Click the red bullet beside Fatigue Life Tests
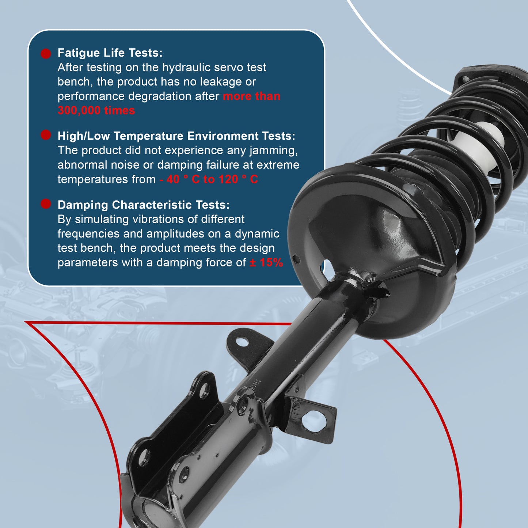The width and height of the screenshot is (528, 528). click(46, 54)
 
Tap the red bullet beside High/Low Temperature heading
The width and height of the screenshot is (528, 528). click(46, 135)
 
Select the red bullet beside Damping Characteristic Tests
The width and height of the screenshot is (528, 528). click(46, 204)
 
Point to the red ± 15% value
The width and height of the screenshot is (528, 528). click(266, 262)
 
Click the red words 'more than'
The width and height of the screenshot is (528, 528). click(251, 96)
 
